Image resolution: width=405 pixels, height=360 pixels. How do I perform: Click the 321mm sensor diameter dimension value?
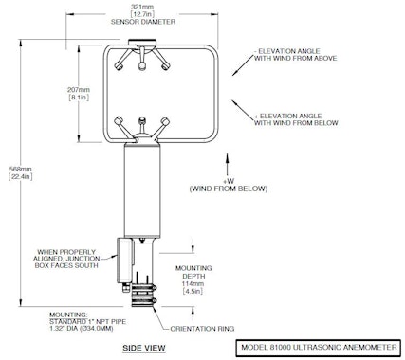[x=142, y=7]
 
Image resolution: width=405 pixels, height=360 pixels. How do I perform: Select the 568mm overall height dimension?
[x=21, y=169]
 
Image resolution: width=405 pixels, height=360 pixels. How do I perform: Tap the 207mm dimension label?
[x=79, y=90]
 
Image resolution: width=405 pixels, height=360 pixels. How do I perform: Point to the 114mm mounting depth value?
[x=193, y=283]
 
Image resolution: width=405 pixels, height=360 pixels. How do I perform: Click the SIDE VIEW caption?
[x=144, y=348]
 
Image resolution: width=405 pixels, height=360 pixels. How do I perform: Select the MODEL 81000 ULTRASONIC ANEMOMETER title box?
[x=319, y=348]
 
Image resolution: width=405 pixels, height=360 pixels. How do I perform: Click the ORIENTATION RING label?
[x=202, y=329]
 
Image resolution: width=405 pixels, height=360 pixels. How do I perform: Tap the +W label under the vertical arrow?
[x=229, y=181]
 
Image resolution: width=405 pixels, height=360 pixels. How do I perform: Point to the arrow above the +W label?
[x=227, y=165]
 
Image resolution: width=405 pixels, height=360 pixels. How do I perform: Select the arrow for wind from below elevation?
[x=244, y=110]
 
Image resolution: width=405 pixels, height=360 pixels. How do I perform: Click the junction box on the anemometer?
[x=124, y=260]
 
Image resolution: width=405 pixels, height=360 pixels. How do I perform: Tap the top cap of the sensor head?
[x=142, y=42]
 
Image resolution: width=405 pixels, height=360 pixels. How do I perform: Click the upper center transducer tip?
[x=141, y=65]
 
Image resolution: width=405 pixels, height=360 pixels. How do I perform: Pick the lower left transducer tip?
[x=119, y=121]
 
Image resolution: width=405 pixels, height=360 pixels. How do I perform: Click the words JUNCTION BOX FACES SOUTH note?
[x=66, y=262]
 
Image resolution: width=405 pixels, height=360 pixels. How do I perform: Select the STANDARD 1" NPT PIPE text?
[x=87, y=322]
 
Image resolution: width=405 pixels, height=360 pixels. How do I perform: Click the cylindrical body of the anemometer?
[x=142, y=189]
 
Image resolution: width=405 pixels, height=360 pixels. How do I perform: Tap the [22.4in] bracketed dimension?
[x=21, y=177]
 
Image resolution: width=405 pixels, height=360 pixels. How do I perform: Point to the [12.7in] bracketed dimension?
[x=142, y=14]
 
